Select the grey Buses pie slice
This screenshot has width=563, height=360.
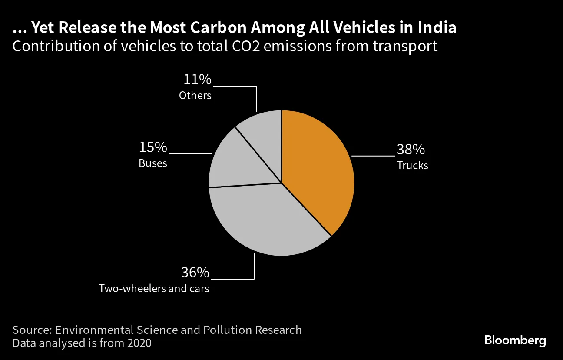[243, 163]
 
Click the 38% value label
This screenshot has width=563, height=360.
[411, 150]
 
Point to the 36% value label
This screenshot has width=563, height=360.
[195, 273]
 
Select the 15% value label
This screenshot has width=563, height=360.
[153, 148]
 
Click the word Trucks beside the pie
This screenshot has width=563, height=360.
[412, 166]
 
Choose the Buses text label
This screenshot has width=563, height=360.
[153, 164]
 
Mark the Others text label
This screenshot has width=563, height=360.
[195, 96]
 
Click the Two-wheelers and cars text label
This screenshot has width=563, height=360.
[154, 289]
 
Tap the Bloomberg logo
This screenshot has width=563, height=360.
[515, 340]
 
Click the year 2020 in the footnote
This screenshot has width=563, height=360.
[139, 343]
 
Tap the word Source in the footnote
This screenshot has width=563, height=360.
[31, 330]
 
